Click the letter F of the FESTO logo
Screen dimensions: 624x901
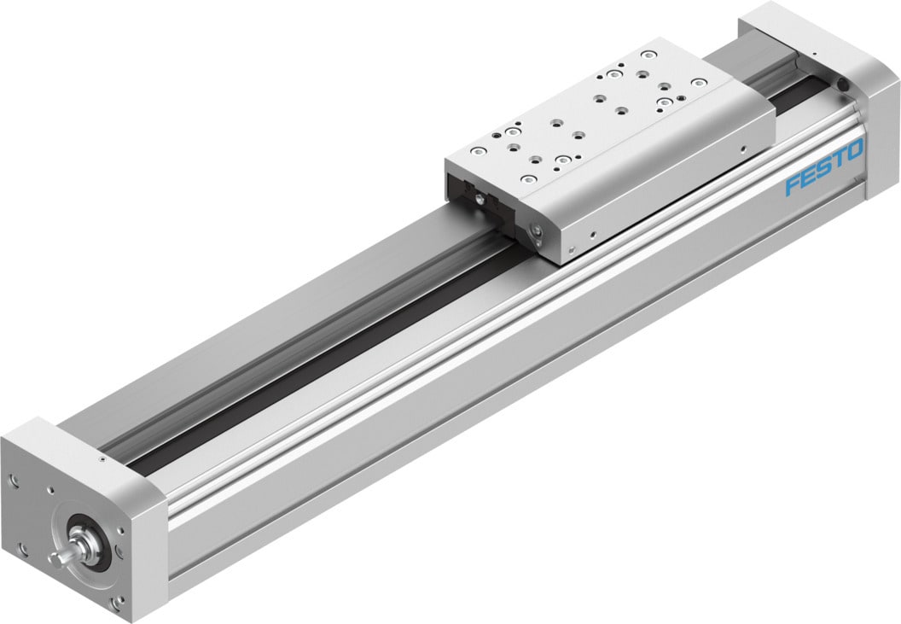[792, 184]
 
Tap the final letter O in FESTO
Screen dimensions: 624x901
[855, 151]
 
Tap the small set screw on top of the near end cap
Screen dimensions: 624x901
[102, 459]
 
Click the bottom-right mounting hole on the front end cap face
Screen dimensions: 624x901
[117, 604]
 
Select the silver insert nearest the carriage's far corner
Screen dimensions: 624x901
[699, 83]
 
